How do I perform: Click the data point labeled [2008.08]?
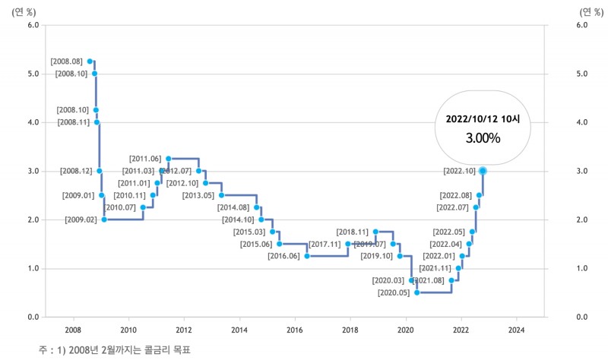(90, 61)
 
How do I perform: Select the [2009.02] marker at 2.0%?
(104, 219)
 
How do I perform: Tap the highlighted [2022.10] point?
(483, 171)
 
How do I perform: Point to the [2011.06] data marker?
(168, 159)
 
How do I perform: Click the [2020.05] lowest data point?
(416, 292)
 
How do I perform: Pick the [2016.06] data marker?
(307, 256)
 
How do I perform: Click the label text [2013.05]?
(198, 196)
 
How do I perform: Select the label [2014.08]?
(233, 207)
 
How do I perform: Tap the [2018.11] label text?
(352, 232)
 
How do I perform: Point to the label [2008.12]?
(76, 171)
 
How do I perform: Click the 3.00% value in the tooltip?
(483, 138)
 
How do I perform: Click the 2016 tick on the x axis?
(295, 330)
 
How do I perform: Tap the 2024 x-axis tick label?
(516, 330)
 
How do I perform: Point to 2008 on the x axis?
(74, 330)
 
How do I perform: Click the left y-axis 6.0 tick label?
(33, 25)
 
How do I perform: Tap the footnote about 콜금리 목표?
(114, 349)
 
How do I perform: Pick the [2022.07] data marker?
(476, 207)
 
